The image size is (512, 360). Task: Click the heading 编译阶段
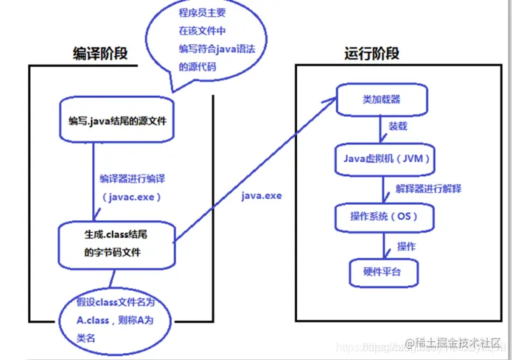tap(100, 53)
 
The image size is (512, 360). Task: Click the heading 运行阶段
tap(372, 53)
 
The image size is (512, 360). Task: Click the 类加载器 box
tap(381, 99)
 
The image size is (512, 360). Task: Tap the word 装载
tap(397, 128)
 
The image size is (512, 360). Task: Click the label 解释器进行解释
tap(427, 189)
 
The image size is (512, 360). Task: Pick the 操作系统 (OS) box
tap(384, 216)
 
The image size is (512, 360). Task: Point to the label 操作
tap(407, 246)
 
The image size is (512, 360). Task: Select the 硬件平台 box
tap(382, 271)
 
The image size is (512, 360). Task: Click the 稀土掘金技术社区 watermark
tap(458, 343)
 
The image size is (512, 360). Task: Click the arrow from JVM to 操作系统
tap(386, 188)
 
